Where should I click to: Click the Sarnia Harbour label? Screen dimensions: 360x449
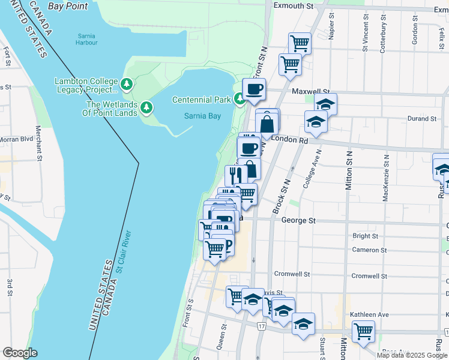tap(86, 39)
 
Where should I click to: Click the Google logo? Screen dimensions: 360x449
tap(19, 353)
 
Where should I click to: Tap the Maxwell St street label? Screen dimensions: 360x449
tap(307, 92)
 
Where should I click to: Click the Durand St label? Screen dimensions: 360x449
tap(421, 119)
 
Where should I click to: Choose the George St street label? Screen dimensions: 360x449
tap(298, 221)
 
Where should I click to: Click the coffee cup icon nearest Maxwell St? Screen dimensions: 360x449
tap(254, 89)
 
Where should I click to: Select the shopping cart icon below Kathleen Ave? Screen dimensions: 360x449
tap(363, 331)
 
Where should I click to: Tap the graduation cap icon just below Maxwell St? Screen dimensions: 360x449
tap(325, 104)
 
